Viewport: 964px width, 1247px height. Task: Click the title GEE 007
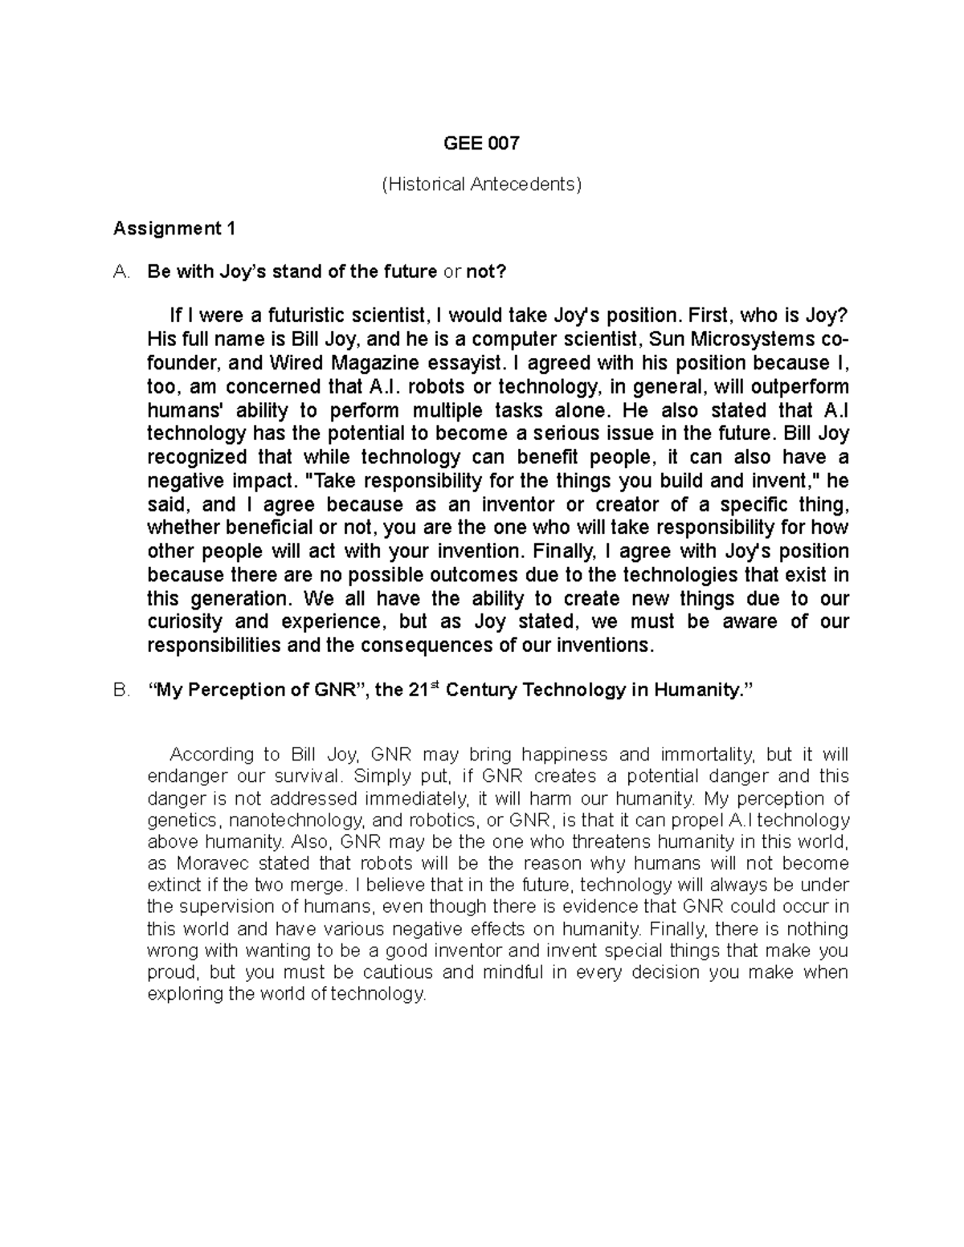coord(481,144)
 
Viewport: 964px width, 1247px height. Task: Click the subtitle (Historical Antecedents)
coord(481,185)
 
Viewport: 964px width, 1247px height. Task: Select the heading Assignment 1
coord(174,229)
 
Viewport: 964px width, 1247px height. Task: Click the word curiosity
coord(185,621)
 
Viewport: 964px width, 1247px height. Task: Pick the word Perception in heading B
coord(244,691)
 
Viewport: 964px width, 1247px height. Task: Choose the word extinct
coord(174,886)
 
